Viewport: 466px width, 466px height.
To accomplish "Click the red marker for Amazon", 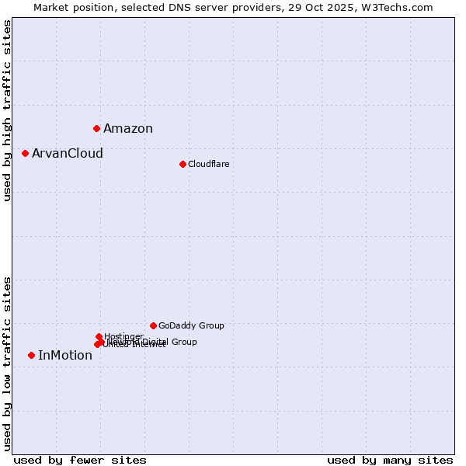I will click(96, 128).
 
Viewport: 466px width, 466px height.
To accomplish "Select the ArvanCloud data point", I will click(25, 153).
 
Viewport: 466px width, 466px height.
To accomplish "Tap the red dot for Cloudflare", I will click(183, 164).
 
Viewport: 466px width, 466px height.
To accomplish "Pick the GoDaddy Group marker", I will click(153, 325).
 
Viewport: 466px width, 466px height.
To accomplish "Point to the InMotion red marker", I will click(31, 355).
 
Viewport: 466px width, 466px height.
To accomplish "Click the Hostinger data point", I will click(99, 336).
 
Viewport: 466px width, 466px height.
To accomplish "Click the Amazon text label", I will click(128, 129).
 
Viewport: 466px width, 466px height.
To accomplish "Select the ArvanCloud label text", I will click(68, 154).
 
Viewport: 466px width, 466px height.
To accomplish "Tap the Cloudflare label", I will click(209, 164).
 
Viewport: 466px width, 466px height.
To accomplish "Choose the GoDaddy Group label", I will click(191, 325).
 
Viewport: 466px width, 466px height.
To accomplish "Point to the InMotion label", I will click(65, 356).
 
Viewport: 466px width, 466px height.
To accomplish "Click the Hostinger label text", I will click(124, 336).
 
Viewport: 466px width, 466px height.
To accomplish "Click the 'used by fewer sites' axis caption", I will click(80, 460).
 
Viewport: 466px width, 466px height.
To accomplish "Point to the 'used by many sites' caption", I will click(390, 460).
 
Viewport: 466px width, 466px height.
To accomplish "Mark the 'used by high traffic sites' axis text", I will click(7, 110).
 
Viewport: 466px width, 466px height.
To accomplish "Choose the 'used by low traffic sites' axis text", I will click(7, 363).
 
